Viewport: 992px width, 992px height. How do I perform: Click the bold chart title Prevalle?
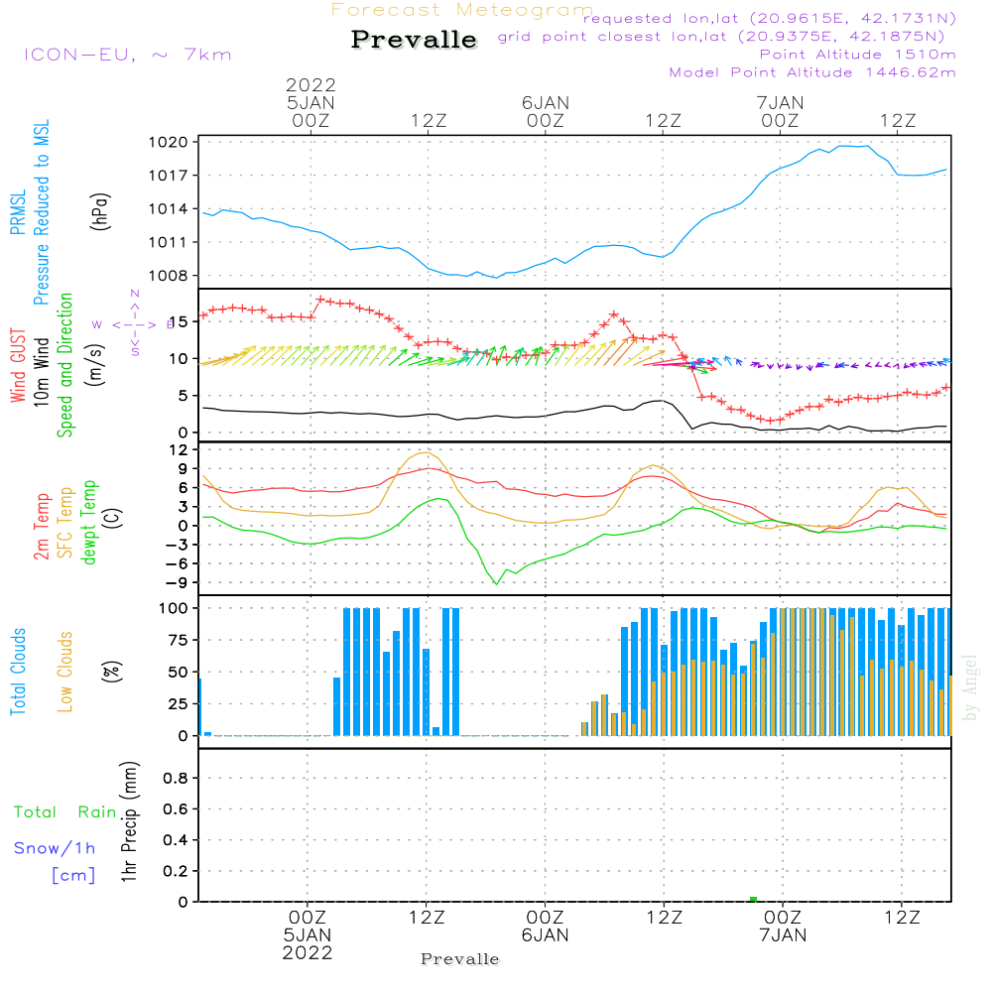(x=414, y=40)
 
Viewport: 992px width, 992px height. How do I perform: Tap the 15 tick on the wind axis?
(x=179, y=321)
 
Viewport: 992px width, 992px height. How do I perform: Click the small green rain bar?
(x=753, y=899)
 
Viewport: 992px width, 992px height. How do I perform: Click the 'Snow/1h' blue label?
(x=56, y=848)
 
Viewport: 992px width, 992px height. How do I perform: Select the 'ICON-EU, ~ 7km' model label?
(x=127, y=55)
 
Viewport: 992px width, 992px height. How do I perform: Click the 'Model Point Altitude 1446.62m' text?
(x=812, y=72)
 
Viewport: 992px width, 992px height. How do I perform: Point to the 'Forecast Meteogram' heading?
(x=461, y=10)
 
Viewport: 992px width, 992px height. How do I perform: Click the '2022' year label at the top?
(x=310, y=84)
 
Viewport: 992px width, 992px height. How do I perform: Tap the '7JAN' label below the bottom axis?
(x=782, y=934)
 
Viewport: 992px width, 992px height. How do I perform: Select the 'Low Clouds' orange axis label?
(x=65, y=671)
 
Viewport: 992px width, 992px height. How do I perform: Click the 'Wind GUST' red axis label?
(x=18, y=366)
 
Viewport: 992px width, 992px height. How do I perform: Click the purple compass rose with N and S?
(x=135, y=323)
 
